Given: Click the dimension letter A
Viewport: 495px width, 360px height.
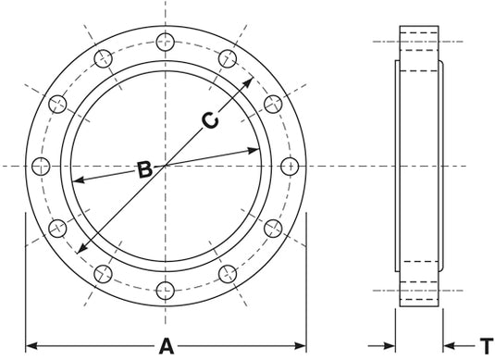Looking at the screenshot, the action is (x=167, y=346).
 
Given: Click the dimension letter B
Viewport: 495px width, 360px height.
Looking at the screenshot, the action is (x=145, y=169).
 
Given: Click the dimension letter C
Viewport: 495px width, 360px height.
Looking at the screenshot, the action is (x=210, y=120).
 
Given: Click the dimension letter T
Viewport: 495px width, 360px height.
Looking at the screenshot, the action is (x=487, y=346).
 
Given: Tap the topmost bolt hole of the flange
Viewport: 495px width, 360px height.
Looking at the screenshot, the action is (x=166, y=42).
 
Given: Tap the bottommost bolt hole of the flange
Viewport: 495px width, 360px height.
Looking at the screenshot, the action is (x=166, y=291).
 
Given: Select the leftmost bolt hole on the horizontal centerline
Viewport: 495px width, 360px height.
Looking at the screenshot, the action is (x=41, y=166).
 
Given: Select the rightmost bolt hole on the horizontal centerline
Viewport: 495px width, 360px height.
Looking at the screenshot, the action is (x=290, y=166).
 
